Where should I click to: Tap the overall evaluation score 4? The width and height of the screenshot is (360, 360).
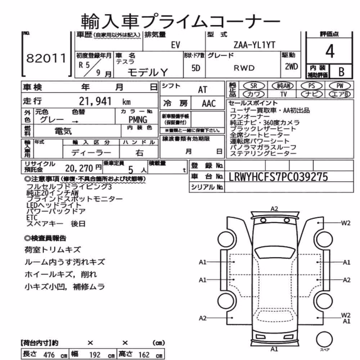330,51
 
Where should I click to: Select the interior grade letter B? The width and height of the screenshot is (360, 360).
341,72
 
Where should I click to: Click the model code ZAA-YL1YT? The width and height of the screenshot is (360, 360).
255,45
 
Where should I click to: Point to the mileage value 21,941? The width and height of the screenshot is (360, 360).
95,101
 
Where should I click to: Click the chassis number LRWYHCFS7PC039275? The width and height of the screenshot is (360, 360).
278,177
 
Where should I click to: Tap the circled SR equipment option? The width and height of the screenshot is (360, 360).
254,86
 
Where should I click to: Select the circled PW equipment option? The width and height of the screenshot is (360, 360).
340,86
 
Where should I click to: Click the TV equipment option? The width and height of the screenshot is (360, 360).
284,94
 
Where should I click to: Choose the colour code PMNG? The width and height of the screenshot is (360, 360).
138,120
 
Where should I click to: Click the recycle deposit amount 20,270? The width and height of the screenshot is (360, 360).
79,168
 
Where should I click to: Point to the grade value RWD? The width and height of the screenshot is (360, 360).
244,68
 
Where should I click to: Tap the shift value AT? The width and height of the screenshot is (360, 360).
202,90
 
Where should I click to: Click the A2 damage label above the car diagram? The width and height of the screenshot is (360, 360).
274,209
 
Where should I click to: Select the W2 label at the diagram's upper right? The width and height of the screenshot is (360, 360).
346,223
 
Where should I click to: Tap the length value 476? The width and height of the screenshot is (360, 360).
49,355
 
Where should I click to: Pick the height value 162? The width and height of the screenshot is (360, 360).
144,355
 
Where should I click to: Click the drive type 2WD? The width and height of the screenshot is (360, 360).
291,67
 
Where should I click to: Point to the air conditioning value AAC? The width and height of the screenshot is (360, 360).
209,104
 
